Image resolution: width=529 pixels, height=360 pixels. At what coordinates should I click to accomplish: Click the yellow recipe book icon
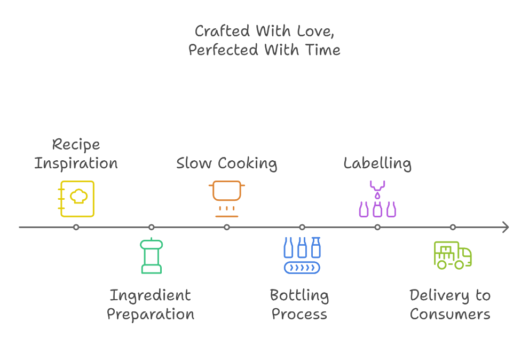[76, 199]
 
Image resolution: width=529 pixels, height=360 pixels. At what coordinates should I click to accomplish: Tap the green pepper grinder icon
[152, 255]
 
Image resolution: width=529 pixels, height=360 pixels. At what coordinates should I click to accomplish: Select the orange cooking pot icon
[227, 199]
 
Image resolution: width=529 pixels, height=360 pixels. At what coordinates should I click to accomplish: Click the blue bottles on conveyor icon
[302, 255]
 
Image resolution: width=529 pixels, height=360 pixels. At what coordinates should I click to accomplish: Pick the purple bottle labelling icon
[377, 199]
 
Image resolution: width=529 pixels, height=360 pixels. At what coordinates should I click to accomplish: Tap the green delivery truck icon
[453, 255]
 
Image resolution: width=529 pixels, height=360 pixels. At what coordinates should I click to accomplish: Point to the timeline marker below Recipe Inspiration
[76, 228]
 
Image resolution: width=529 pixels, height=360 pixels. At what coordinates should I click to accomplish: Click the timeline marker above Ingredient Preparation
[152, 228]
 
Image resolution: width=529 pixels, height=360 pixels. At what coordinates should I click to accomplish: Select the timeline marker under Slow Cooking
[227, 228]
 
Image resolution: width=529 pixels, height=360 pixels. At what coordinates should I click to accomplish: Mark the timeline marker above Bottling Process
[302, 228]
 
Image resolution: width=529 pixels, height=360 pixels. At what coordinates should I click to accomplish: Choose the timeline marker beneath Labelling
[377, 228]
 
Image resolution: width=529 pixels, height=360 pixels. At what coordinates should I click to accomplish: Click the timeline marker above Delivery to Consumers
[453, 228]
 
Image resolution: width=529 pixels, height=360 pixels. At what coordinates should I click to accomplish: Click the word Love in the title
[315, 32]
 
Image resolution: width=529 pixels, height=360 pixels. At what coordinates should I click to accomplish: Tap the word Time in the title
[322, 50]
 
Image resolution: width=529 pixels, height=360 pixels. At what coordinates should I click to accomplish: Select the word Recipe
[76, 145]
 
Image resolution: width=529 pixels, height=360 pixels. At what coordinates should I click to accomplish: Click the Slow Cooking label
[227, 164]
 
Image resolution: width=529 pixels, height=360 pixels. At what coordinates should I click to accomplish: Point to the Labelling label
[377, 164]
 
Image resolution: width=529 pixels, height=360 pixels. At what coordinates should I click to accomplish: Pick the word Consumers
[450, 315]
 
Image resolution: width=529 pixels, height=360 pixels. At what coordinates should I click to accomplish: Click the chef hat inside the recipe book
[79, 196]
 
